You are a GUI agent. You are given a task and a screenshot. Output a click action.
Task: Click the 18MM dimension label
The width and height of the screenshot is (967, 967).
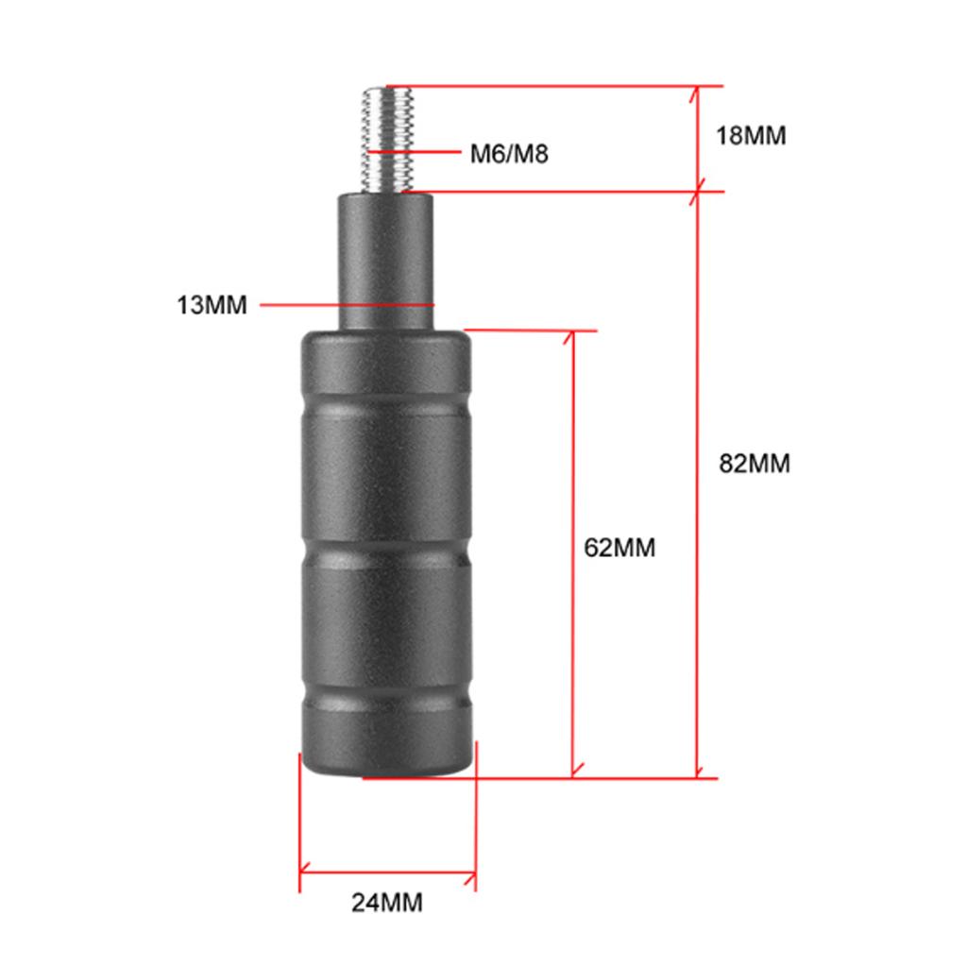click(x=751, y=135)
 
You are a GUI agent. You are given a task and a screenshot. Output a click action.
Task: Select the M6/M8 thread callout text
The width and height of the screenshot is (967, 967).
click(x=509, y=153)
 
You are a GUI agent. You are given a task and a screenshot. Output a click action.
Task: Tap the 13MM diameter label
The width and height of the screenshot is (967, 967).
click(x=211, y=305)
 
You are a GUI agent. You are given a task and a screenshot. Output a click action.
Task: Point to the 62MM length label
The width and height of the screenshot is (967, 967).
click(x=619, y=548)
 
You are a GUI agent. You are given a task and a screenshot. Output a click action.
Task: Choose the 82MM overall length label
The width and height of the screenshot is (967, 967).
click(x=754, y=464)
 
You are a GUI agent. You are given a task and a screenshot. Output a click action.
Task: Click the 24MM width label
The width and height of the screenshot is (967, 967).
click(x=387, y=902)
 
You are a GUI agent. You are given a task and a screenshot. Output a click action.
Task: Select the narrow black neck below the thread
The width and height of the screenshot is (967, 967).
click(x=386, y=260)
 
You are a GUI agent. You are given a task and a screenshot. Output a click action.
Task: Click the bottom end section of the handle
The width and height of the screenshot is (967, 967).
click(x=386, y=746)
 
